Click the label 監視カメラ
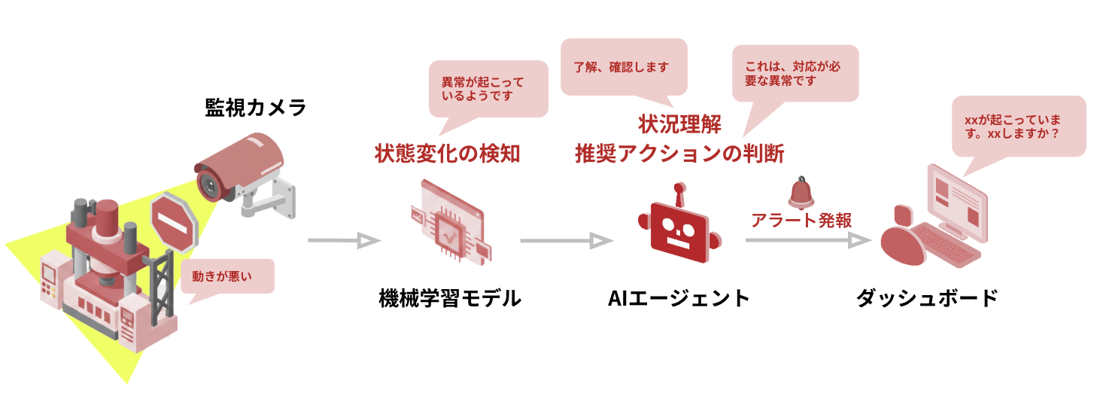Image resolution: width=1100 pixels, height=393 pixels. click(256, 108)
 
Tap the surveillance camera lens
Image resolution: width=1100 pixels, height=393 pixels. click(207, 184)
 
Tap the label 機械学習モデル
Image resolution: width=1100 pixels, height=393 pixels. click(450, 299)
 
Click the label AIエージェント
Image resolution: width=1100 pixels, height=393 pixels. click(679, 299)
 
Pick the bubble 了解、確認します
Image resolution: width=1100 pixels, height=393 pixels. click(624, 67)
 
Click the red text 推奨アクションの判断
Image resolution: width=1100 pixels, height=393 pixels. click(679, 154)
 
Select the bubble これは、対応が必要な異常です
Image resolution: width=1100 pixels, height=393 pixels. click(795, 73)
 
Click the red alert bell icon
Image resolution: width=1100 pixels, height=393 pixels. click(802, 193)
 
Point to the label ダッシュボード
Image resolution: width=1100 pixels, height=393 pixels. click(927, 299)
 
